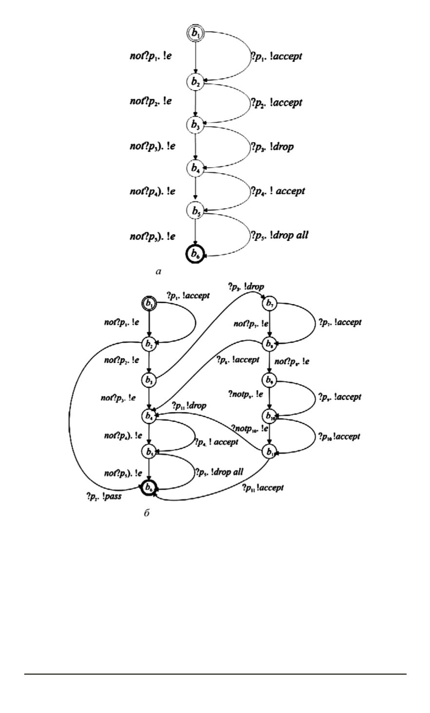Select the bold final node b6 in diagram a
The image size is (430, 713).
(195, 254)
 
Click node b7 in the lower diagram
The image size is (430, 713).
(269, 303)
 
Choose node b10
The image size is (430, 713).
(269, 416)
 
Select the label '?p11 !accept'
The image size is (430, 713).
(262, 487)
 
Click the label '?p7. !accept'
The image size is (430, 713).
(340, 322)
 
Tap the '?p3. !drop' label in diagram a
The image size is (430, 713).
(272, 146)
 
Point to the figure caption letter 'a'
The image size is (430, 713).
(158, 272)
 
